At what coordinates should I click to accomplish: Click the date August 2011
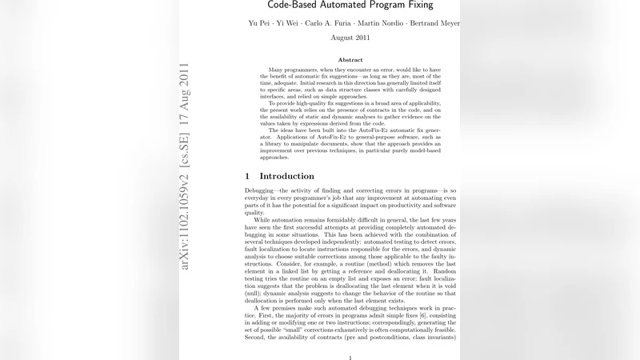coord(350,38)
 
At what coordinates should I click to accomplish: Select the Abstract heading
coord(350,60)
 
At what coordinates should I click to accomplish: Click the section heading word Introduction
coord(286,176)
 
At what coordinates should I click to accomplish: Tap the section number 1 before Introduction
coord(247,176)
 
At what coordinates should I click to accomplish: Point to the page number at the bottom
coord(350,358)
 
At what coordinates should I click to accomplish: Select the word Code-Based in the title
coord(298,5)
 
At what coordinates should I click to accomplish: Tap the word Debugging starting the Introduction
coord(262,191)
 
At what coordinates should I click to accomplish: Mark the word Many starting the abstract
coord(278,70)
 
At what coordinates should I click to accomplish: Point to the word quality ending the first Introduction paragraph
coord(254,213)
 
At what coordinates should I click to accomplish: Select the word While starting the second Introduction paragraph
coord(263,220)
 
